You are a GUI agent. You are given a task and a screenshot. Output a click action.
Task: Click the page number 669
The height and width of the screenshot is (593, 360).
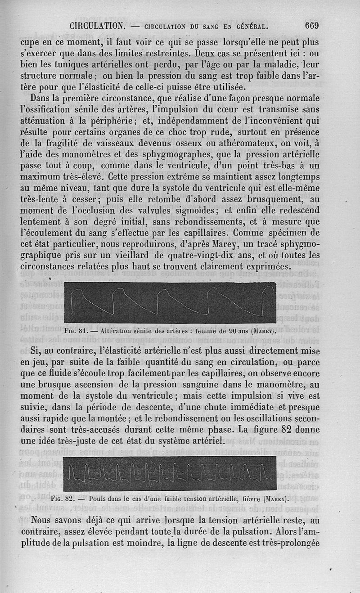click(x=311, y=26)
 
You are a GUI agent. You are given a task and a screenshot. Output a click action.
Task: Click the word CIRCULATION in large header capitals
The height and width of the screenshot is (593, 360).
click(x=97, y=26)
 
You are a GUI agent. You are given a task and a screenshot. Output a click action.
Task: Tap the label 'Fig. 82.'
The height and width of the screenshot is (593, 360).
click(x=63, y=499)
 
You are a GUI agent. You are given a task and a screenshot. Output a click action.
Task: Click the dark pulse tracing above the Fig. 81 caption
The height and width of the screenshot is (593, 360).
click(x=170, y=302)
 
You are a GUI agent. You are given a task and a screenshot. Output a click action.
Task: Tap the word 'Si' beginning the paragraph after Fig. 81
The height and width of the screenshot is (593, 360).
click(x=36, y=351)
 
